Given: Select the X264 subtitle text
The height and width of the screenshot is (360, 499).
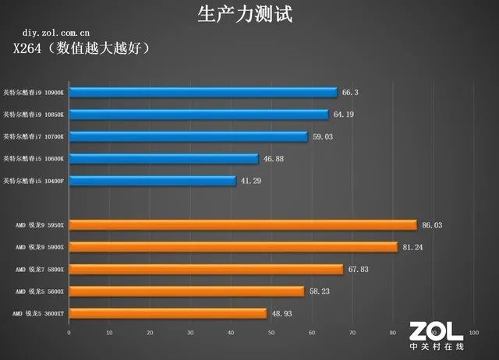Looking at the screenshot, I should point(91,49).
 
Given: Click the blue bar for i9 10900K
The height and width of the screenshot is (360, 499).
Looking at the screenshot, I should point(203,92).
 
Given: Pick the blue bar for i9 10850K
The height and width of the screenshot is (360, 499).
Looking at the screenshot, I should point(199,115).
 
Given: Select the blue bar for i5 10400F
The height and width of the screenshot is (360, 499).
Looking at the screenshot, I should point(152,181).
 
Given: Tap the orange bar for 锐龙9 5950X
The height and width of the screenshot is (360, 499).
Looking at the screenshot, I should point(242,225).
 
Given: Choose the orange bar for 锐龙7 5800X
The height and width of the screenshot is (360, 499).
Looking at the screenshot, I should point(206,269).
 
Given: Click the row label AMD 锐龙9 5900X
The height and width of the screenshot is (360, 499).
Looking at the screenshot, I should point(40,247).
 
